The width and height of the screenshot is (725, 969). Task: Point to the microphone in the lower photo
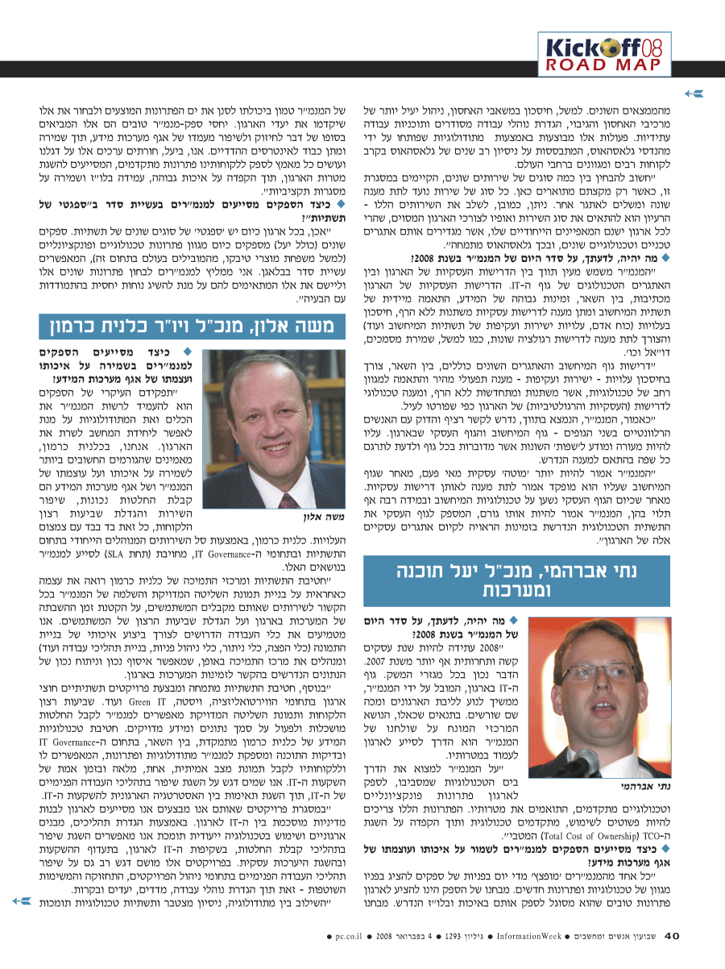pyautogui.click(x=586, y=761)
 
